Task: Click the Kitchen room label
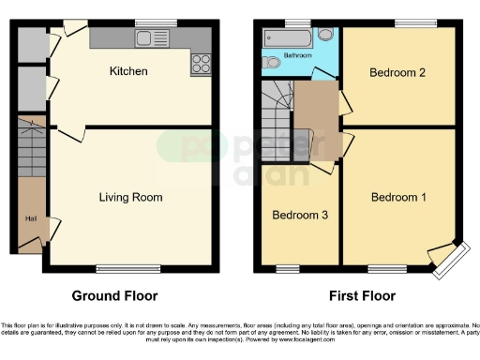point(128,71)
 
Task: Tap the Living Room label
point(131,197)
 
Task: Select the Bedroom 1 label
point(398,197)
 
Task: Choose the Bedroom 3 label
point(300,215)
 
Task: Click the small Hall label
point(30,219)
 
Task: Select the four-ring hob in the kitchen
point(201,64)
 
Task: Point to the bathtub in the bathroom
point(289,38)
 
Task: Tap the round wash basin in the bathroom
point(324,35)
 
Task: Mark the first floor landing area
point(316,122)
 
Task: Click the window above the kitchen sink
point(148,22)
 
